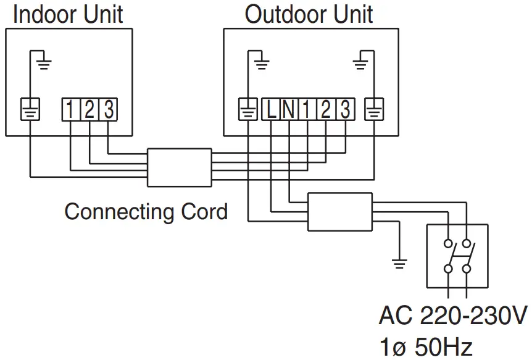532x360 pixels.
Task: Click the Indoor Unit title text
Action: pyautogui.click(x=68, y=14)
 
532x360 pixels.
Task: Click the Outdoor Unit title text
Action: pyautogui.click(x=309, y=14)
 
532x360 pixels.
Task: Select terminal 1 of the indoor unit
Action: pyautogui.click(x=70, y=109)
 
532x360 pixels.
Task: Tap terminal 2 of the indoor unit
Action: pyautogui.click(x=89, y=109)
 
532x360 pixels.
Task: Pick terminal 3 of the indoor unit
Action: pyautogui.click(x=108, y=109)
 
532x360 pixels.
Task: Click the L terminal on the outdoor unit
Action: pyautogui.click(x=272, y=110)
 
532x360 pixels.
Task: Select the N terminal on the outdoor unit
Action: pyautogui.click(x=289, y=110)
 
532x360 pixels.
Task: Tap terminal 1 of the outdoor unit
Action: pyautogui.click(x=307, y=110)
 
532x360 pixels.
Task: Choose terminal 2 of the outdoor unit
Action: pyautogui.click(x=325, y=110)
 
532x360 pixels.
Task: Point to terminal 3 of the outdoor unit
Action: pyautogui.click(x=344, y=110)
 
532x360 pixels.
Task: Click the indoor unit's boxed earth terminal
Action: pyautogui.click(x=30, y=109)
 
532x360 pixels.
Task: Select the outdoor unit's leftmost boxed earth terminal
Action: pyautogui.click(x=247, y=110)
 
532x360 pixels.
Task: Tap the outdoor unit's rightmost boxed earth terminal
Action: pyautogui.click(x=373, y=110)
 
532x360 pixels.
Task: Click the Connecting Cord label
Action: pyautogui.click(x=146, y=212)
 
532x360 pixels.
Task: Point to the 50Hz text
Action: pyautogui.click(x=443, y=347)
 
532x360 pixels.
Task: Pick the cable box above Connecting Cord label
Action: pyautogui.click(x=178, y=167)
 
